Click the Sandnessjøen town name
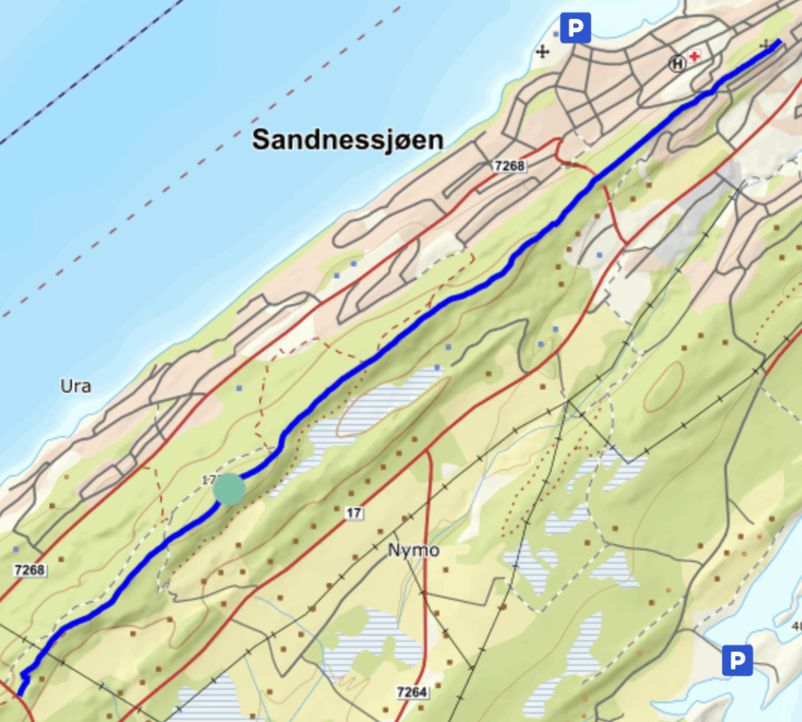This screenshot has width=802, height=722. tap(348, 140)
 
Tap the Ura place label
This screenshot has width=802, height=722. tap(76, 386)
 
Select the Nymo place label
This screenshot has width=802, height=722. tap(414, 550)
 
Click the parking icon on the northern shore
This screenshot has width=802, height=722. tap(576, 29)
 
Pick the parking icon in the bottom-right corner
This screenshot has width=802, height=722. tap(736, 659)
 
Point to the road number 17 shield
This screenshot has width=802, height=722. tap(355, 513)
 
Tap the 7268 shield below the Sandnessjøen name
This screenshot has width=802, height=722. tap(509, 166)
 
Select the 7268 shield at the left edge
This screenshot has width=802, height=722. tap(29, 569)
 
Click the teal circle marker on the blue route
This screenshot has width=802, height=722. tap(229, 489)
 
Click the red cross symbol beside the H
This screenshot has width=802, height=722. tap(694, 57)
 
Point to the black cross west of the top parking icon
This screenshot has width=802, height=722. tap(541, 53)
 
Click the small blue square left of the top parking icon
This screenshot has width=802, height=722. tap(556, 34)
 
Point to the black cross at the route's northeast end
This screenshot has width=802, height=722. tap(765, 46)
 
